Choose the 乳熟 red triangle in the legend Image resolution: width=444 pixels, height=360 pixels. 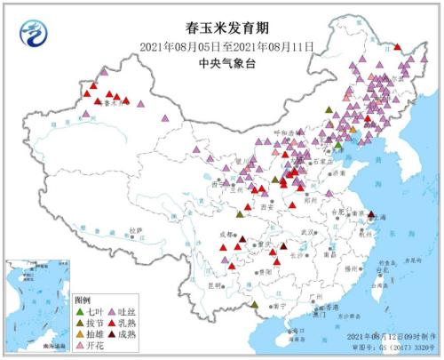click(x=112, y=323)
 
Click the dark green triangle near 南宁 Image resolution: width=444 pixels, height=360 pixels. click(x=257, y=304)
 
